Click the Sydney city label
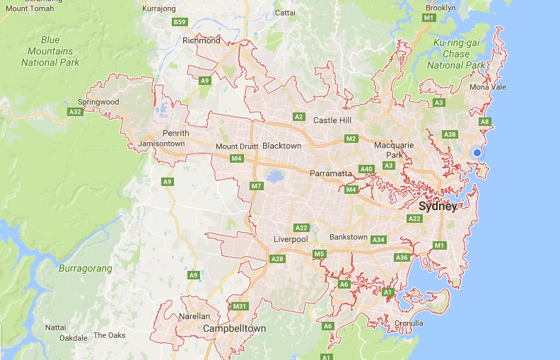pos(438,207)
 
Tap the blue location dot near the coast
pos(477,153)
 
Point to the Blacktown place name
pos(281,146)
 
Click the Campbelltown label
pos(234,329)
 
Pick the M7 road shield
pos(256,186)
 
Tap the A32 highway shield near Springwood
pos(75,112)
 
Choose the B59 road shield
pos(180,23)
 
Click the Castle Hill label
pos(332,121)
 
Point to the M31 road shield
pos(239,306)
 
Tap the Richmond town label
pos(202,40)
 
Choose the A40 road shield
pos(366,169)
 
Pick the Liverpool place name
pos(291,240)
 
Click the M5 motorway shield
pos(319,254)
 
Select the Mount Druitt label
pos(237,146)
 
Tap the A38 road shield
pos(449,134)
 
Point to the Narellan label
pos(196,317)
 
